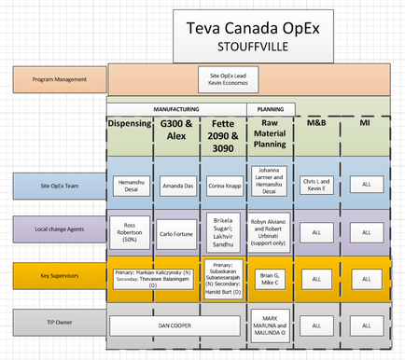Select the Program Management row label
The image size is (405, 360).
59,79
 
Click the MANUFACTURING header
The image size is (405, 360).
175,108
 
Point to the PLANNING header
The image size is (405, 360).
270,108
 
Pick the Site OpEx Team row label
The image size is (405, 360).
59,186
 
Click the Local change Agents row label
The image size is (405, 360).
59,229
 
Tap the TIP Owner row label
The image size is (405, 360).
59,322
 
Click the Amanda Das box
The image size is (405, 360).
176,187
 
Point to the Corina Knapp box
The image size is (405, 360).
223,187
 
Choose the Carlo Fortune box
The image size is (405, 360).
176,230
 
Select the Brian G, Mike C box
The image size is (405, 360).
270,276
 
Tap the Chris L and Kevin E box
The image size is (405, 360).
316,186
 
